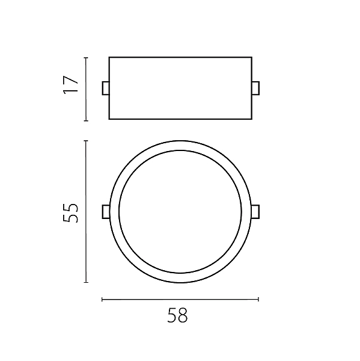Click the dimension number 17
click(x=71, y=84)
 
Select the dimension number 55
click(x=71, y=213)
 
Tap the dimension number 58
click(x=177, y=315)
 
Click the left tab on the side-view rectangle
click(x=106, y=88)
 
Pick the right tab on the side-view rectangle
click(x=255, y=88)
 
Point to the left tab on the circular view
click(x=106, y=212)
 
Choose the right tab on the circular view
click(x=255, y=212)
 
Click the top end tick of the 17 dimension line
click(x=86, y=58)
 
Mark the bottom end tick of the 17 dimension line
click(x=86, y=120)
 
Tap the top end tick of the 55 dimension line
click(x=86, y=141)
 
